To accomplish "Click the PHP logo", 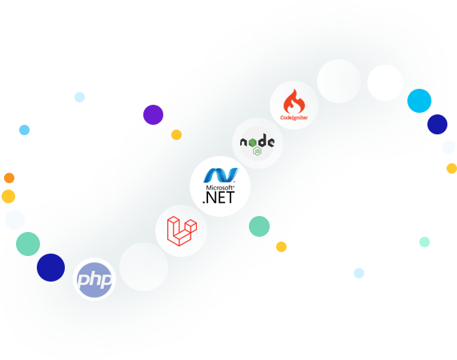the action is pyautogui.click(x=94, y=280).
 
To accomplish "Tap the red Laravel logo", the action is pyautogui.click(x=182, y=231).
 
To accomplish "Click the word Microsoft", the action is pyautogui.click(x=220, y=187).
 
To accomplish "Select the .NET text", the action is pyautogui.click(x=218, y=198).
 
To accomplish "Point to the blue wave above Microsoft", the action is pyautogui.click(x=221, y=175).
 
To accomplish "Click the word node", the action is pyautogui.click(x=257, y=142).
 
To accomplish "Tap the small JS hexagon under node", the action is pyautogui.click(x=257, y=151).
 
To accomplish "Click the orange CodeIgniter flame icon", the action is pyautogui.click(x=294, y=101).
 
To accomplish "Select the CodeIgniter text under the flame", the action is pyautogui.click(x=294, y=118).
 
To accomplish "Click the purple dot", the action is pyautogui.click(x=154, y=114).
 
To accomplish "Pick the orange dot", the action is pyautogui.click(x=10, y=178).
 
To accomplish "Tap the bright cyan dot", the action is pyautogui.click(x=419, y=101).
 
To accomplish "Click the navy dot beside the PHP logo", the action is pyautogui.click(x=50, y=268).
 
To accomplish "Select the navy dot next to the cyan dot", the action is pyautogui.click(x=437, y=124).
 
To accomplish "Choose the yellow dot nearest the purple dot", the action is pyautogui.click(x=176, y=135).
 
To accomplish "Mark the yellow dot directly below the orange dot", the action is pyautogui.click(x=9, y=196).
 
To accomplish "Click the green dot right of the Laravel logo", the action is pyautogui.click(x=259, y=226).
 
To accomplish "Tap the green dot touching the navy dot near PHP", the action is pyautogui.click(x=28, y=244).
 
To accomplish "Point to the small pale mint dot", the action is pyautogui.click(x=424, y=242).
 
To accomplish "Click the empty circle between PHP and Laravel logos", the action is pyautogui.click(x=144, y=266).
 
